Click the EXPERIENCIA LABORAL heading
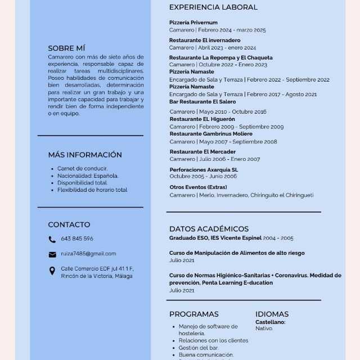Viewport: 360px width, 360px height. [x=213, y=7]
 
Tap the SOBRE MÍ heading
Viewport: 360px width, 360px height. [x=66, y=48]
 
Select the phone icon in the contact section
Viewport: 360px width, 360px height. [x=52, y=239]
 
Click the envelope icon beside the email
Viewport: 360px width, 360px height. [x=52, y=254]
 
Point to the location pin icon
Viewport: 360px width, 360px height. [x=52, y=271]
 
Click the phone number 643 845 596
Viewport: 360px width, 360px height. [x=77, y=238]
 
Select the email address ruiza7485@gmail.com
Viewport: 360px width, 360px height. [x=88, y=254]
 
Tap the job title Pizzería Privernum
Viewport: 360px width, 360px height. [x=193, y=22]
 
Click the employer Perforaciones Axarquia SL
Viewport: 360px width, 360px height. [x=204, y=169]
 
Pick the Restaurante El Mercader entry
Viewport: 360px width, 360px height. [x=202, y=152]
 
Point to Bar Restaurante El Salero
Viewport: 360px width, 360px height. [x=202, y=102]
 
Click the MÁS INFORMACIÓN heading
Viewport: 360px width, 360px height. [x=85, y=155]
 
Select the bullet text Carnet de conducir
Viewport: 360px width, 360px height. [x=83, y=168]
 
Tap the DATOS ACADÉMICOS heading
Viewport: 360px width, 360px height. [x=209, y=229]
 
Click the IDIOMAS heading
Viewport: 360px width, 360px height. [x=272, y=314]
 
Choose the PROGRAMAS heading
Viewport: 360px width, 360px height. [x=193, y=314]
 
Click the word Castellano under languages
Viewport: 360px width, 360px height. [x=270, y=322]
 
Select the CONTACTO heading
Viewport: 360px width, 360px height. [x=69, y=224]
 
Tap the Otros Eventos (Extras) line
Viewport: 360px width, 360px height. [x=198, y=187]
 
